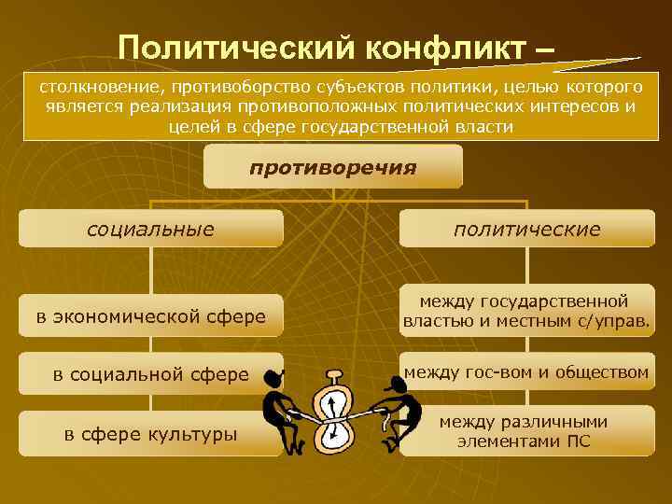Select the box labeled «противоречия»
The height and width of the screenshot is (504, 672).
tap(332, 168)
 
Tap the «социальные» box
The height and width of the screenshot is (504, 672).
tap(150, 229)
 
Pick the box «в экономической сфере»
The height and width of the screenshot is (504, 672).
tap(150, 317)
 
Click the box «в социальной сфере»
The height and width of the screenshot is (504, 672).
tap(150, 374)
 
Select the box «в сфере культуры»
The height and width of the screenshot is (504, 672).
tap(150, 433)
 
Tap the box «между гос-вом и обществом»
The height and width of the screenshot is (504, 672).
tap(526, 372)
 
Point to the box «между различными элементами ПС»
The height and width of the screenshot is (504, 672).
tap(525, 432)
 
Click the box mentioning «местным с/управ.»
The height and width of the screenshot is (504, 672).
tap(526, 312)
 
